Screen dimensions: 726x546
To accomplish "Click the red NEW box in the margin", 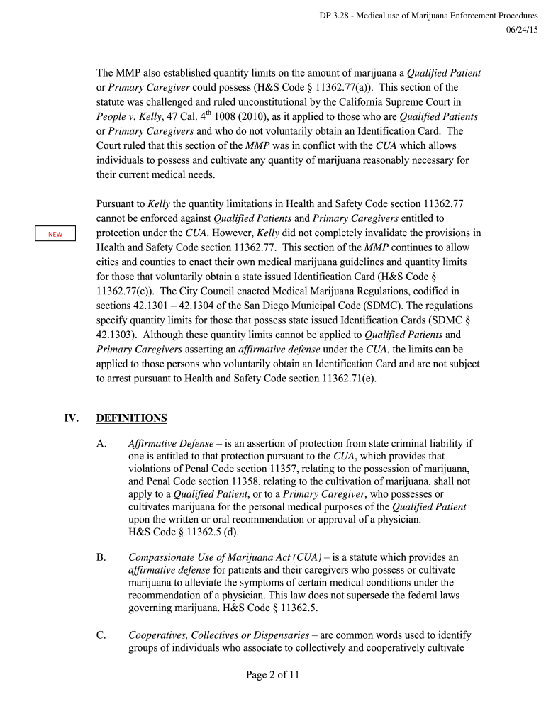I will coord(55,234).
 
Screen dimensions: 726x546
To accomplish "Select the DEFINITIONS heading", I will coord(131,418).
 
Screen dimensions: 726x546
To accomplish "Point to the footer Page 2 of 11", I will coord(273,675).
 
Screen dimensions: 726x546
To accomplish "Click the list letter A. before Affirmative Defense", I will coord(101,444).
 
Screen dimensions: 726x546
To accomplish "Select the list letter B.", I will coord(101,557).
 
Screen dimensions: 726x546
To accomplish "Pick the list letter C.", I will coord(101,635).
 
